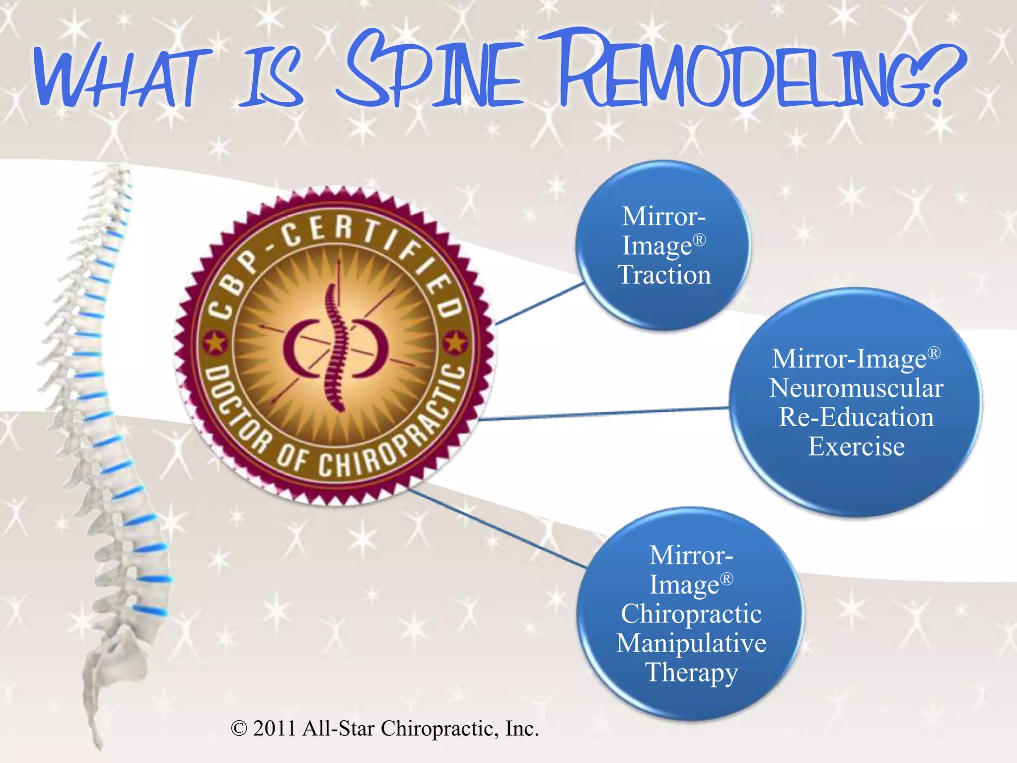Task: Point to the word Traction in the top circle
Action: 664,275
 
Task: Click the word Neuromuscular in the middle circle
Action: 856,388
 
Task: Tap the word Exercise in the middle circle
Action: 856,446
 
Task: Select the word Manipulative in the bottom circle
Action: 691,643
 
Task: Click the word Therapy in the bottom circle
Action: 691,673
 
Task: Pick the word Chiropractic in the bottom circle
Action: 691,614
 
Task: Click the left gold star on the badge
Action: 215,342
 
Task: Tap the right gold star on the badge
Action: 455,342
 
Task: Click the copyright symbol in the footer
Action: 239,729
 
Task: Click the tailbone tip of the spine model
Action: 99,745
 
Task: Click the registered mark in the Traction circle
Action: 699,240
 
